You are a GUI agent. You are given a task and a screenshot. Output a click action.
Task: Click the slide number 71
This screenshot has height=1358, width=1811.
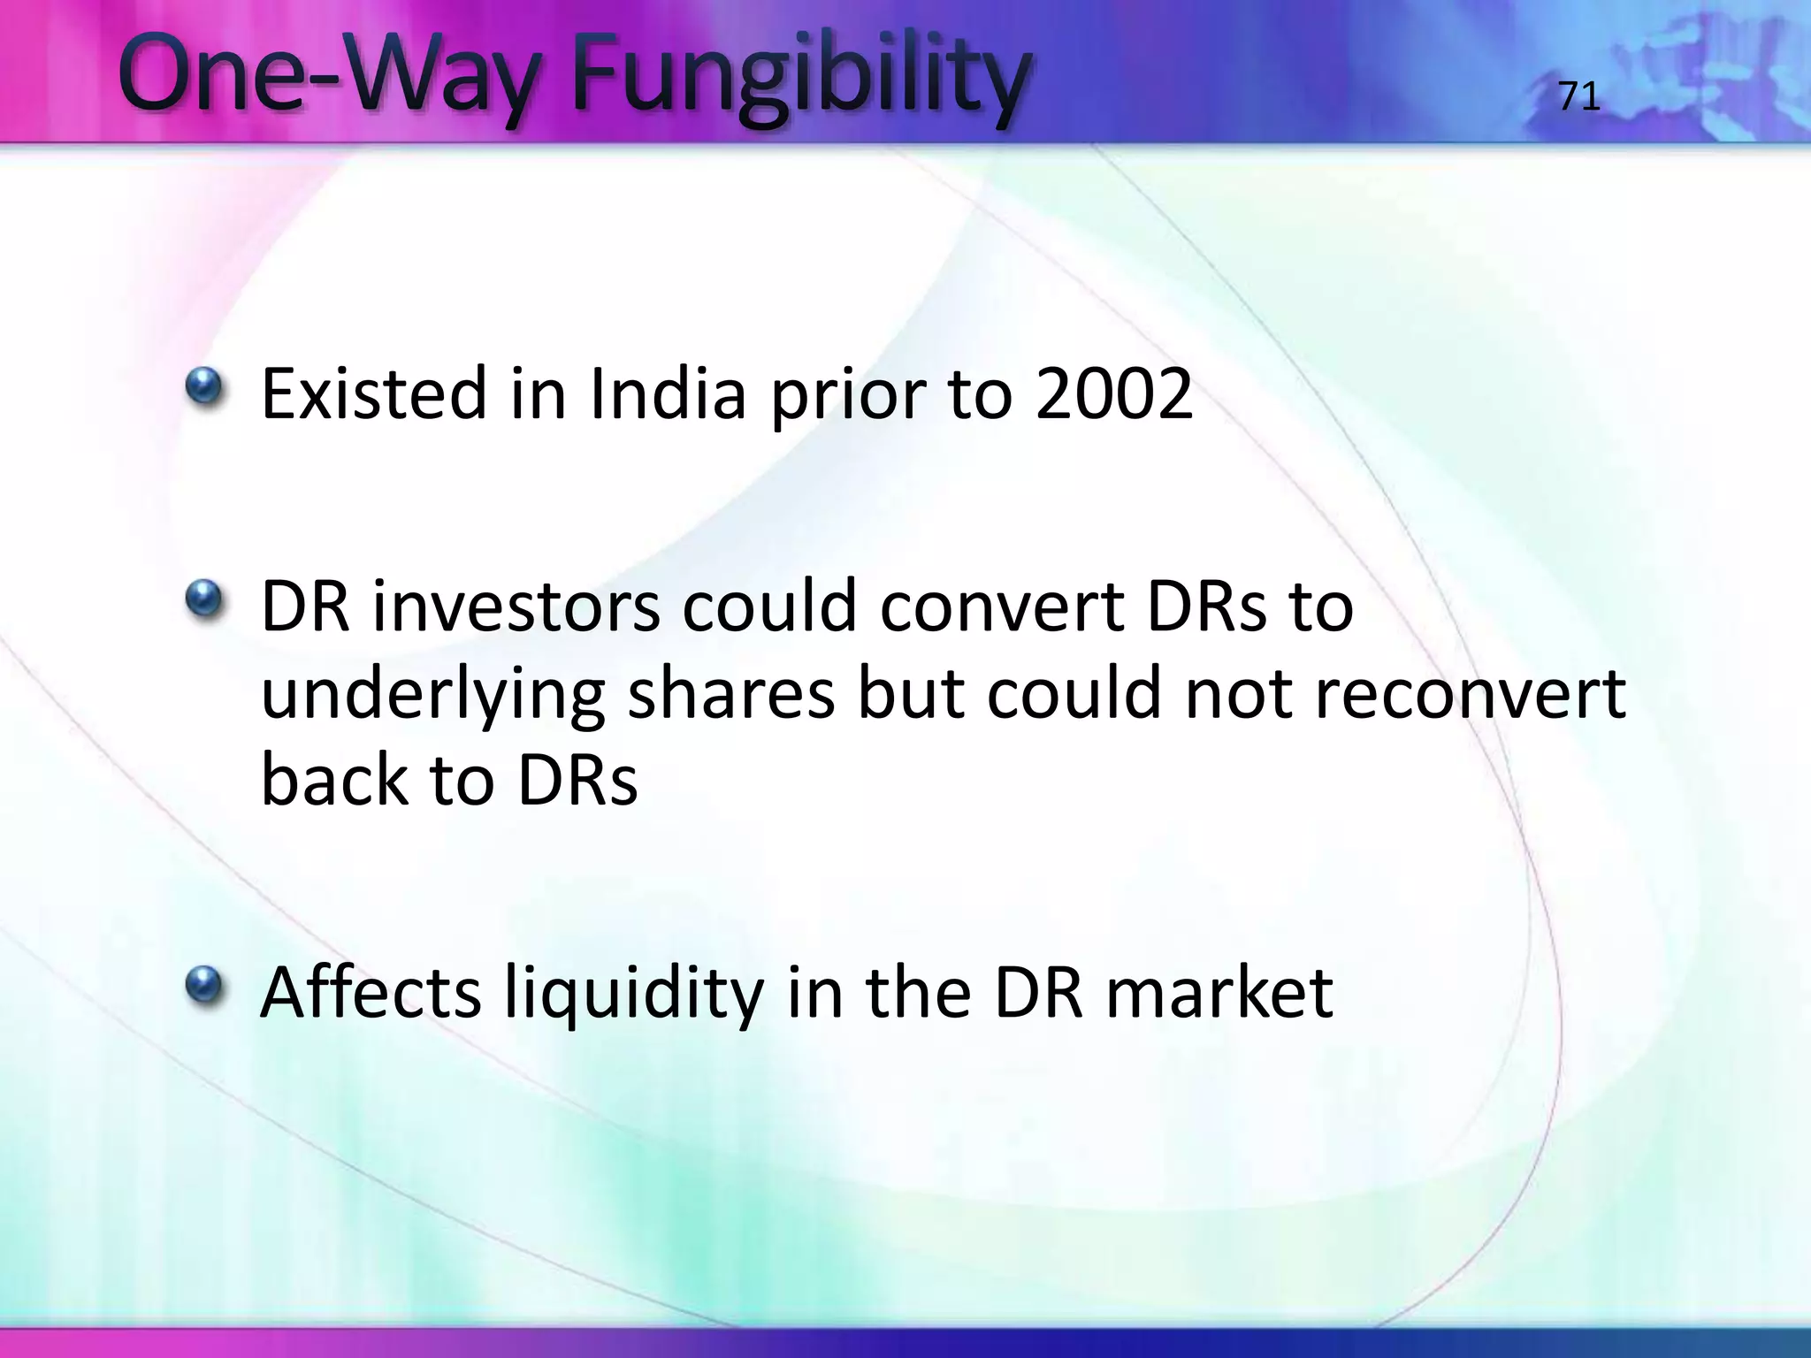tap(1578, 96)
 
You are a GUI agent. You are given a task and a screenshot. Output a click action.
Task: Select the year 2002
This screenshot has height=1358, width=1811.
tap(1114, 393)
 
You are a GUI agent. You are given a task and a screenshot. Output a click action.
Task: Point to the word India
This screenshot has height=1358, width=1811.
tap(668, 393)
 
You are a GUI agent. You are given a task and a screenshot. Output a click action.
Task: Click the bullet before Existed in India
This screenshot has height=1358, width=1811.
tap(204, 385)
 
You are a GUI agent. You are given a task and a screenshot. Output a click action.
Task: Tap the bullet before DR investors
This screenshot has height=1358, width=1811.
tap(204, 599)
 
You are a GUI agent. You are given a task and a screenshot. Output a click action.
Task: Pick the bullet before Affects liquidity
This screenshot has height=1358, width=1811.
tap(204, 984)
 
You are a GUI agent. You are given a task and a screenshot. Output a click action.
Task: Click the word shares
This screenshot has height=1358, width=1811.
tap(730, 694)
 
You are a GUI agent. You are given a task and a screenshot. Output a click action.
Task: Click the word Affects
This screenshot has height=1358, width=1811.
tap(371, 993)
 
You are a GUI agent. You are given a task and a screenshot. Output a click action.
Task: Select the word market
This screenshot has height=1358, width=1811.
tap(1219, 993)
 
